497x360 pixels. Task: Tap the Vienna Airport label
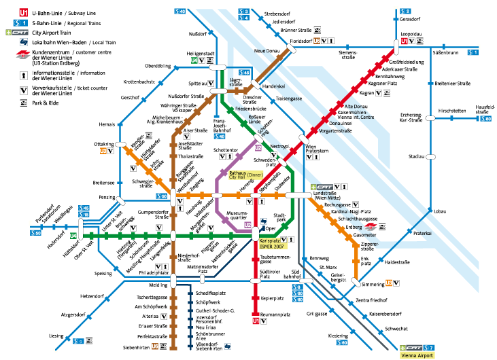coord(417,355)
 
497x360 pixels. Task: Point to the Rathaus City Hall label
coord(238,175)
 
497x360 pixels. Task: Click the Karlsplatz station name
coord(270,240)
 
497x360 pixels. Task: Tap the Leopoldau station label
coord(411,33)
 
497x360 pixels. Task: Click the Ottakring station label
coord(103,144)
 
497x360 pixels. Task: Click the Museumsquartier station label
coord(237,216)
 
